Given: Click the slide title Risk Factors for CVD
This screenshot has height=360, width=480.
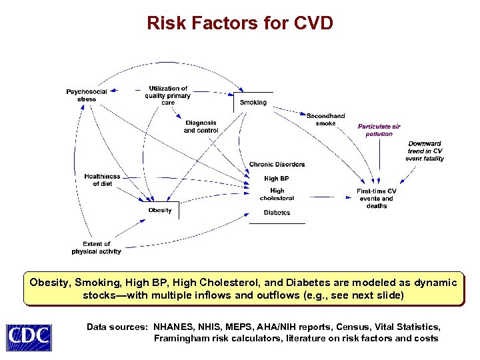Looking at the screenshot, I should pos(240,24).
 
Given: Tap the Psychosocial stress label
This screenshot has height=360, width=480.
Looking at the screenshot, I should pos(87,95).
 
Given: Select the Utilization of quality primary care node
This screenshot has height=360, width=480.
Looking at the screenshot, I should pos(168,95).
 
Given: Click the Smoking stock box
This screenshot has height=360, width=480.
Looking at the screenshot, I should pos(253,103).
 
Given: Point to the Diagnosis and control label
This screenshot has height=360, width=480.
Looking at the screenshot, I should pos(201,127).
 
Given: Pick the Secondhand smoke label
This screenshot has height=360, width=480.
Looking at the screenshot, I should pos(325,120).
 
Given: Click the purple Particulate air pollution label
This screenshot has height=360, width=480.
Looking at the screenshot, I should pos(379,130).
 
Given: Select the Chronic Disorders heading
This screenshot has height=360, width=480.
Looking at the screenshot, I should pos(277,165).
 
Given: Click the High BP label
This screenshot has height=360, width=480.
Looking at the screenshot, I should pos(276,179).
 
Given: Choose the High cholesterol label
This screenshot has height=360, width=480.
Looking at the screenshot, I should pos(277,195).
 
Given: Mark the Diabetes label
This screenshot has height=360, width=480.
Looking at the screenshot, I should pos(277,213).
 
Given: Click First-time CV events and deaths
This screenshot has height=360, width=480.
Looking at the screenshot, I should pos(377,199).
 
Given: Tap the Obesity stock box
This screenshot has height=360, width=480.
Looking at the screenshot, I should pos(160,211).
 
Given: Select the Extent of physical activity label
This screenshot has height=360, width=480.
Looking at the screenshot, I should pos(97,248).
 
